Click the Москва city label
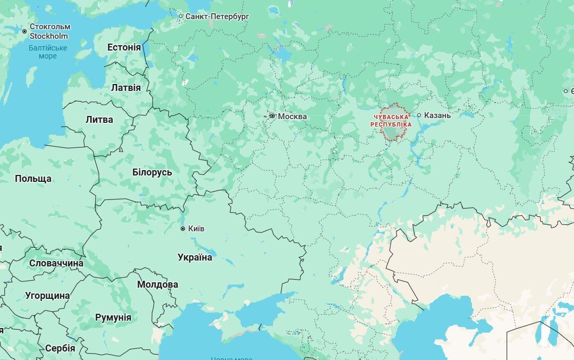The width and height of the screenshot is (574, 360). tap(292, 116)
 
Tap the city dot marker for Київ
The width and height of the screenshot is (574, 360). tap(183, 229)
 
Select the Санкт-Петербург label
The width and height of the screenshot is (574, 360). tap(217, 16)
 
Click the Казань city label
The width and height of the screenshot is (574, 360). tap(437, 115)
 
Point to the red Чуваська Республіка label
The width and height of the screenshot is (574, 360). tap(391, 120)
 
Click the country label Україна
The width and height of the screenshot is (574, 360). tap(195, 257)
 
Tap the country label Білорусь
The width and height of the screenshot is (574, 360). tap(152, 172)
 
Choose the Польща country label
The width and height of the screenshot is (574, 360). tap(33, 178)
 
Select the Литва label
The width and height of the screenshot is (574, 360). tap(99, 120)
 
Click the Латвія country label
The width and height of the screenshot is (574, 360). tap(126, 88)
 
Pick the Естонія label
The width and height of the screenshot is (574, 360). tap(124, 47)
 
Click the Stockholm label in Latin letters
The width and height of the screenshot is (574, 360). tap(49, 36)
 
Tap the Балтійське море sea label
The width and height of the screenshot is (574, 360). tap(48, 52)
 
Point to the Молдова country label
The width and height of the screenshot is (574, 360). tap(157, 284)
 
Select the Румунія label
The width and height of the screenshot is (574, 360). tap(113, 317)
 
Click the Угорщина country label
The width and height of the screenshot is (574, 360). tap(47, 296)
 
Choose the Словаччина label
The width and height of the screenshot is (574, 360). tap(56, 263)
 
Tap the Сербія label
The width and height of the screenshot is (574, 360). tap(60, 348)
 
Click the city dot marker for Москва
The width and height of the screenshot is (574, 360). tap(273, 115)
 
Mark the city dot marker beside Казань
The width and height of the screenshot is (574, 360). tap(419, 115)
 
